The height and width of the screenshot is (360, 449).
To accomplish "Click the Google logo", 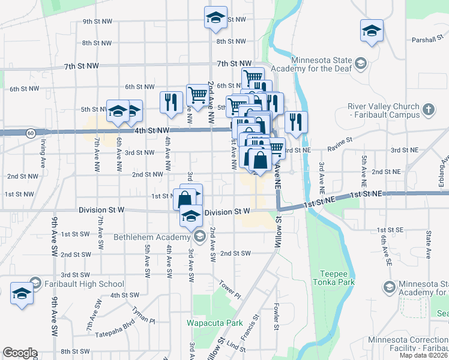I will [x=20, y=353].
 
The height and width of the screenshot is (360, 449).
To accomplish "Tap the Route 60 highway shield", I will [x=30, y=131].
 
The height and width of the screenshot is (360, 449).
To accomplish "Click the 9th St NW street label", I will [x=97, y=22].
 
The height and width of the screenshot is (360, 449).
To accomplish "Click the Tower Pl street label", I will [x=230, y=289].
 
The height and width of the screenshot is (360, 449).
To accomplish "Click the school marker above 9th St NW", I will [x=215, y=17].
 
